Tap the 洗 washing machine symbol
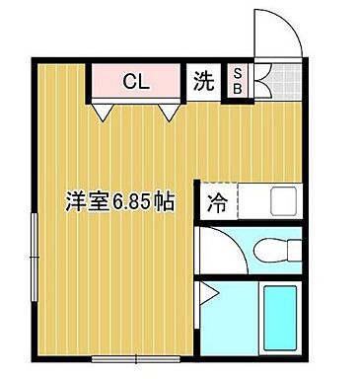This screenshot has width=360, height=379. (x=203, y=82)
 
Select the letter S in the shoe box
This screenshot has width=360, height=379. (x=238, y=72)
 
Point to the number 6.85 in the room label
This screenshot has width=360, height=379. (x=132, y=201)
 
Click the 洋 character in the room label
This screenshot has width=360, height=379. (x=75, y=201)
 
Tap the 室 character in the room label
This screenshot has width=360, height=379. (x=98, y=201)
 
